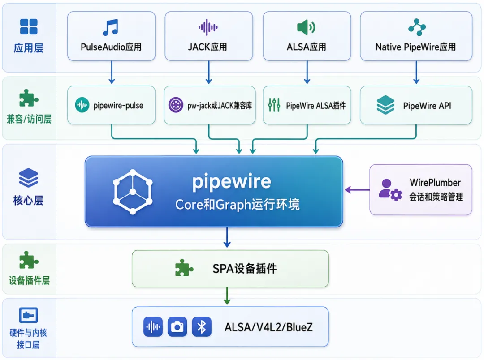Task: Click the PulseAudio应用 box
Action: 111,36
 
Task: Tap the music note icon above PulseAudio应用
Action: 111,27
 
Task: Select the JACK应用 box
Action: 209,36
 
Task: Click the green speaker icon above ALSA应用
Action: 306,27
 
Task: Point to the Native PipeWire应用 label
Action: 415,47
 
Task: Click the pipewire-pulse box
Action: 111,105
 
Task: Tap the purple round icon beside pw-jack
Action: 176,105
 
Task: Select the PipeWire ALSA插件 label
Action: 315,106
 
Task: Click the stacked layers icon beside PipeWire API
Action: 385,105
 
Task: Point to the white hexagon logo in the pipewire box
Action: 133,192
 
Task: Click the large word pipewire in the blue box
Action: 232,182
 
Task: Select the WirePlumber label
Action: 435,183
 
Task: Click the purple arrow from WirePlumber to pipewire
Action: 357,190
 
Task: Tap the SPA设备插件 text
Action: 245,268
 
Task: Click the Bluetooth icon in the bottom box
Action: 202,327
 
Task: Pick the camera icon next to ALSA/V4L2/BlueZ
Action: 177,327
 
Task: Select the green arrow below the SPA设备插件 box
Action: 227,296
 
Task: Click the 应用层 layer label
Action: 28,48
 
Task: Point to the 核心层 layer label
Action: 28,201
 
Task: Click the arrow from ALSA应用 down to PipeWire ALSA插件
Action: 307,72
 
